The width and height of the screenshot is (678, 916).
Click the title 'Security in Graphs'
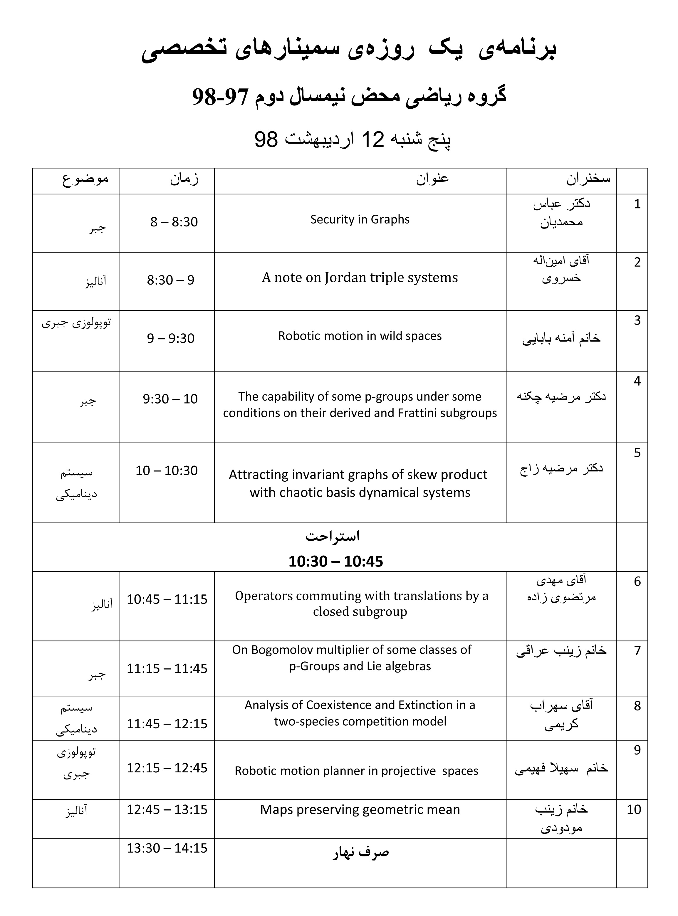coord(360,219)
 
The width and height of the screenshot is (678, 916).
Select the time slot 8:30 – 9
coord(170,280)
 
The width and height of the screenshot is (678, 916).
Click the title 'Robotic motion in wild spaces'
coord(360,336)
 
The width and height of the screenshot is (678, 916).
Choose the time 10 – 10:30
coord(167,470)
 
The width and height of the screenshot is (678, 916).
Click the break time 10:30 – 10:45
coord(335,561)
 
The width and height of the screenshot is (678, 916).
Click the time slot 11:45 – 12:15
coord(167,724)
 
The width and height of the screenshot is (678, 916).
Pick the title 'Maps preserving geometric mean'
coord(360,809)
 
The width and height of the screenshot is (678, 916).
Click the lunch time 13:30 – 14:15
coord(167,848)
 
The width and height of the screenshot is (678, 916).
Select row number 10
coord(634,809)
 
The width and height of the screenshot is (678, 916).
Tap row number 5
coord(637,453)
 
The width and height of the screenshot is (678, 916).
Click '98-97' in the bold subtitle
coord(220,97)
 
